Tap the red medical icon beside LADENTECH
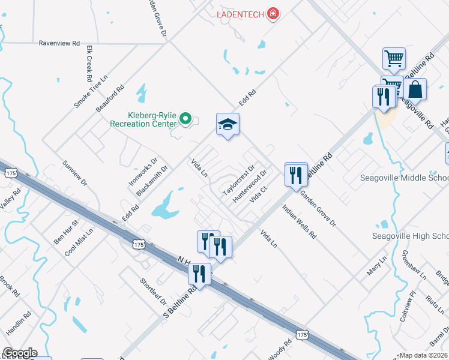(x=273, y=13)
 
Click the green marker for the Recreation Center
(x=185, y=119)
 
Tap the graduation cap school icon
(x=228, y=124)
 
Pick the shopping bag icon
(x=415, y=90)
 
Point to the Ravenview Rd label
(x=59, y=43)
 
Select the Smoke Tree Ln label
(x=90, y=91)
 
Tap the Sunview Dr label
(x=75, y=173)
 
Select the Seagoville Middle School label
(x=404, y=178)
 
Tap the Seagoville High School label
(x=410, y=235)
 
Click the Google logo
(x=20, y=353)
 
